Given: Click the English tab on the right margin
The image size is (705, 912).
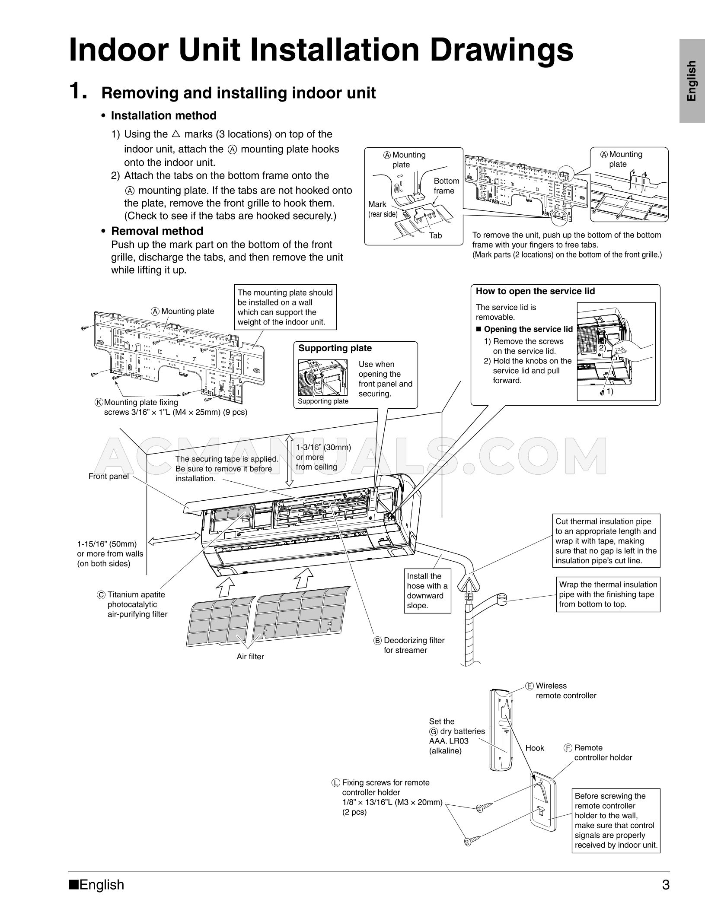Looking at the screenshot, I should [x=692, y=81].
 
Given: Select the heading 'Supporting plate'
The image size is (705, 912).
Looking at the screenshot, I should [x=335, y=348].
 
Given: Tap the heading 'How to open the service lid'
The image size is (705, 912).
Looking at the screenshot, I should [x=535, y=291].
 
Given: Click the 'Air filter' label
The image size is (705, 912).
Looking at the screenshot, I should [x=250, y=657].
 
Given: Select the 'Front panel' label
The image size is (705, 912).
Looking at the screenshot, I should [x=108, y=477].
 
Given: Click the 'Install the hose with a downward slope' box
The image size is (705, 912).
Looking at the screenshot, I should [x=427, y=591].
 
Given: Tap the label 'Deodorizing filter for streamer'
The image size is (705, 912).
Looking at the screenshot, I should [x=413, y=645].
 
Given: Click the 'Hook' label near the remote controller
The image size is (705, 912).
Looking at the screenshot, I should [x=535, y=748].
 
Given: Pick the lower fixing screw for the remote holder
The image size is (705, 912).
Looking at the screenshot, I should [x=472, y=841].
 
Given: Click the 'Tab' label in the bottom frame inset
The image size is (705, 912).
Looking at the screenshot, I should [x=435, y=235].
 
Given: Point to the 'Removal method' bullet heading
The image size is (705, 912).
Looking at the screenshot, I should [x=157, y=231].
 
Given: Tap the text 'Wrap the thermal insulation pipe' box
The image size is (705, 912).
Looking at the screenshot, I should [x=608, y=594].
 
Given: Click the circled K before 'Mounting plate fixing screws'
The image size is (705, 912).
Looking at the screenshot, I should [x=99, y=402].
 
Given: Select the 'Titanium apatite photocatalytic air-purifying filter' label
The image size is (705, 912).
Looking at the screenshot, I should [x=136, y=604].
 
